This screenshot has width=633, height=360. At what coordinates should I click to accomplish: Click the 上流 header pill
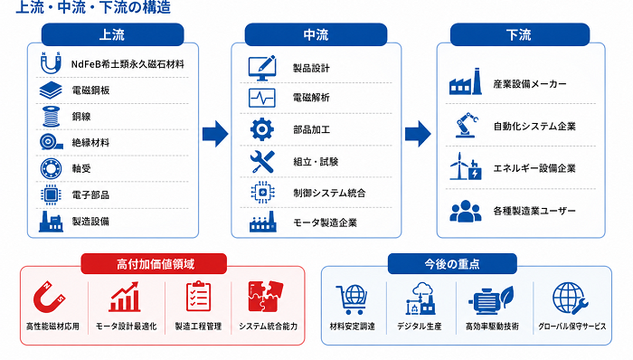(113, 34)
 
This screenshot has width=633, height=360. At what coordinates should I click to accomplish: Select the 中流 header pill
(316, 34)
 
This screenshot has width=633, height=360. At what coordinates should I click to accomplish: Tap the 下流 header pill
(520, 34)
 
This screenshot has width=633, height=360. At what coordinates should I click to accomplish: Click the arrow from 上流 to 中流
(215, 134)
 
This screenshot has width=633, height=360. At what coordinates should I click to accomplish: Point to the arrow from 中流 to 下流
(418, 134)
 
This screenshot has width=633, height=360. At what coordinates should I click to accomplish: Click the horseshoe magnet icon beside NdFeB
(51, 63)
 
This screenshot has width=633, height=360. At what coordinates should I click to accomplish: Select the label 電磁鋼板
(90, 90)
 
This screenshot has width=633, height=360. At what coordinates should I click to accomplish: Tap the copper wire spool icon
(51, 117)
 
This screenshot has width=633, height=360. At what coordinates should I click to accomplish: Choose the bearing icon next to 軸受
(51, 169)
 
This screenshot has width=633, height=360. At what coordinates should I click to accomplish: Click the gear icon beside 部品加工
(262, 129)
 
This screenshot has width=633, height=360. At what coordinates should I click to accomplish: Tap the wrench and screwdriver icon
(262, 161)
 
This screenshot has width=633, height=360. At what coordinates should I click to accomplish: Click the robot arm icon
(467, 125)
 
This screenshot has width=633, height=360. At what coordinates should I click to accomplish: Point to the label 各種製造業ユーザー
(534, 211)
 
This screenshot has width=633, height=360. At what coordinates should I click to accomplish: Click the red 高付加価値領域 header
(154, 264)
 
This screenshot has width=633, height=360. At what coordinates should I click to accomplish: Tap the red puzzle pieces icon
(265, 297)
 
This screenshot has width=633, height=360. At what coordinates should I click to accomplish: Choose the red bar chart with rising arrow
(125, 297)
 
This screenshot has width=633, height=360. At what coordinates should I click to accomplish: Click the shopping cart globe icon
(352, 299)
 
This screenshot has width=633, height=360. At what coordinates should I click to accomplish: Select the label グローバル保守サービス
(572, 327)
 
